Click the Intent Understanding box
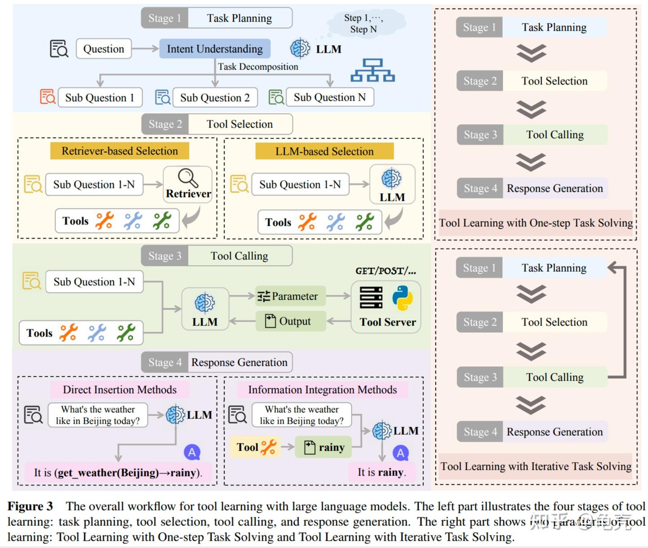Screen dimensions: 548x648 point(215,49)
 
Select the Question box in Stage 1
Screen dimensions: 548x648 point(103,49)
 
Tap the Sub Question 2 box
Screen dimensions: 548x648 point(215,98)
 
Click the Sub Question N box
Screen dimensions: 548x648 point(329,97)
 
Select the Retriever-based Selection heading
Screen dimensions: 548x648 point(120,151)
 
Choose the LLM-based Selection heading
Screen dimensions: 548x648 point(324,151)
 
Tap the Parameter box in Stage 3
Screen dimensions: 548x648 point(290,296)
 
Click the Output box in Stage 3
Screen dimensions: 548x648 point(290,321)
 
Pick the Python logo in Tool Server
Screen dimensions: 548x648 point(402,298)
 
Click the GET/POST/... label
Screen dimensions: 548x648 point(386,271)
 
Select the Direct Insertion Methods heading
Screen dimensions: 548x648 point(120,390)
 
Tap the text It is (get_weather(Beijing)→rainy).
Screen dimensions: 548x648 point(118,472)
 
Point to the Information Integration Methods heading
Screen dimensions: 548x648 point(322,390)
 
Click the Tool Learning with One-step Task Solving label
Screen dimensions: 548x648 point(535,223)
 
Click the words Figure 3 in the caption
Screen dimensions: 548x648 point(30,507)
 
